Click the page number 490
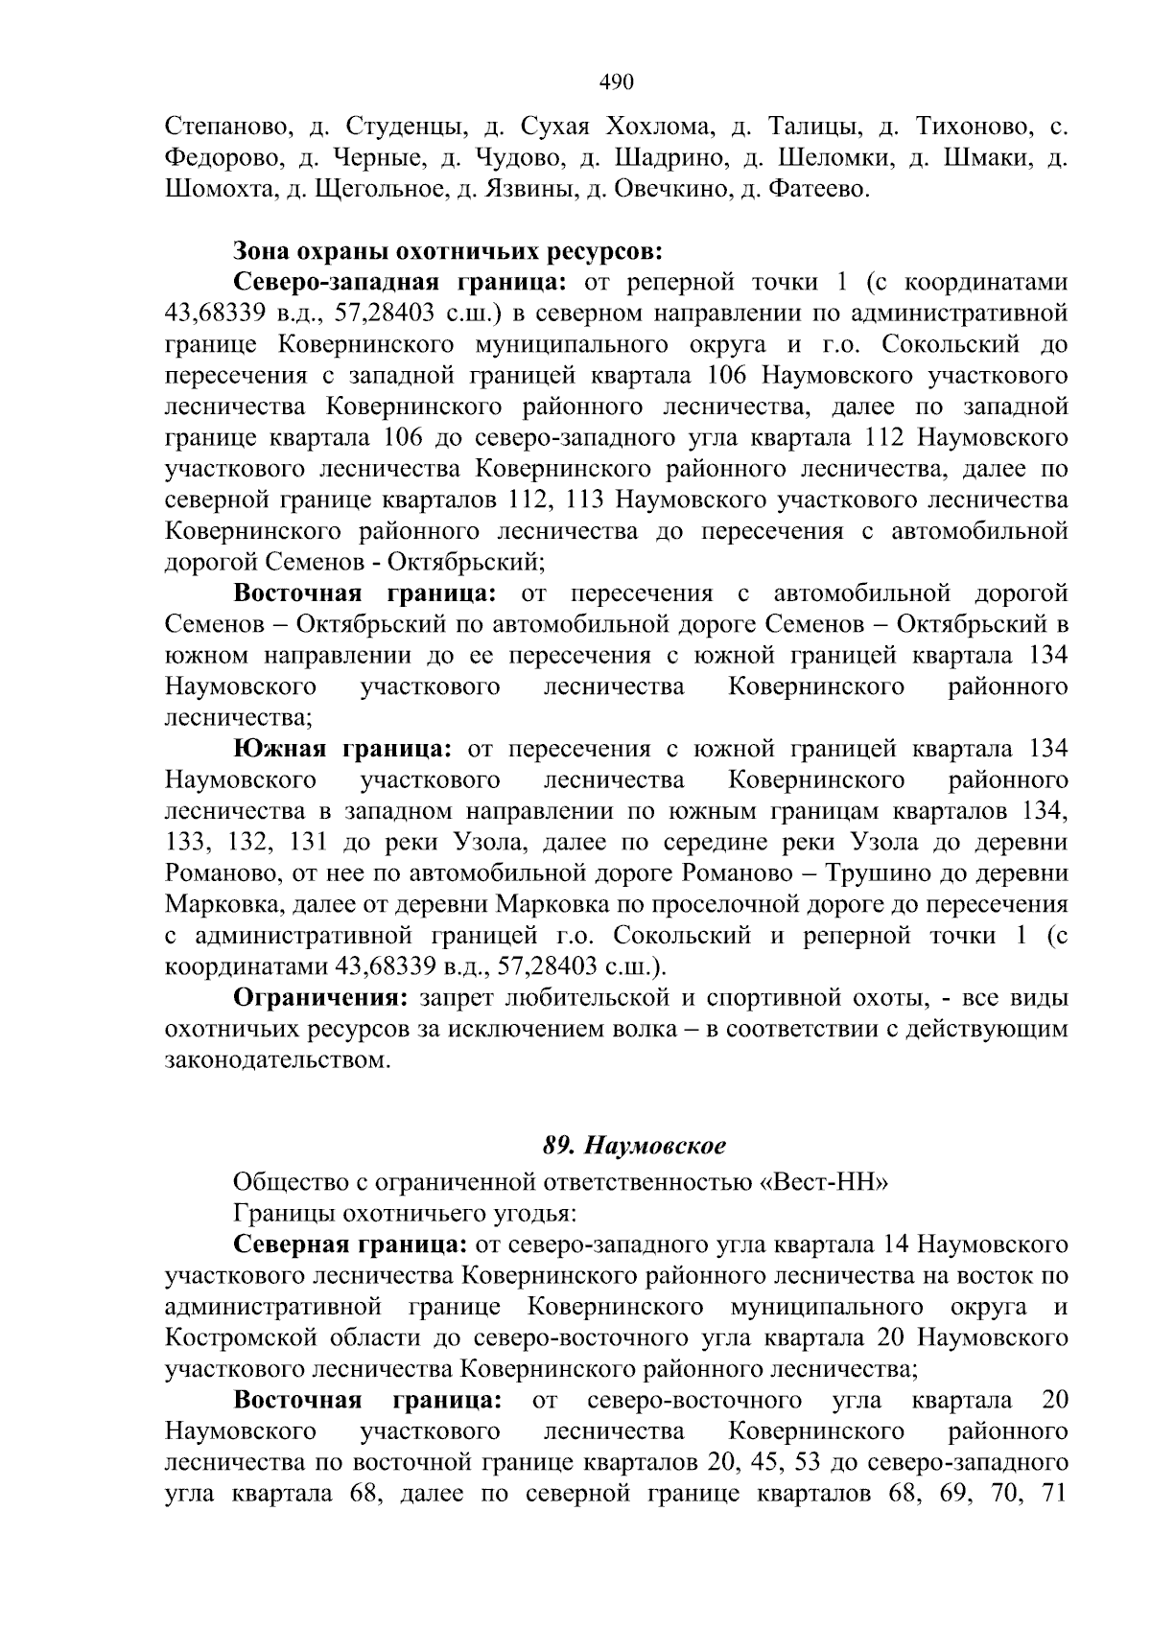(x=616, y=82)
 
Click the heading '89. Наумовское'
(x=635, y=1146)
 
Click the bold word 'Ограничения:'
(x=321, y=997)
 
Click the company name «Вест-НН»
(x=825, y=1182)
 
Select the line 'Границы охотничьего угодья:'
(x=405, y=1214)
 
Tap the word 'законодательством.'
(x=279, y=1060)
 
